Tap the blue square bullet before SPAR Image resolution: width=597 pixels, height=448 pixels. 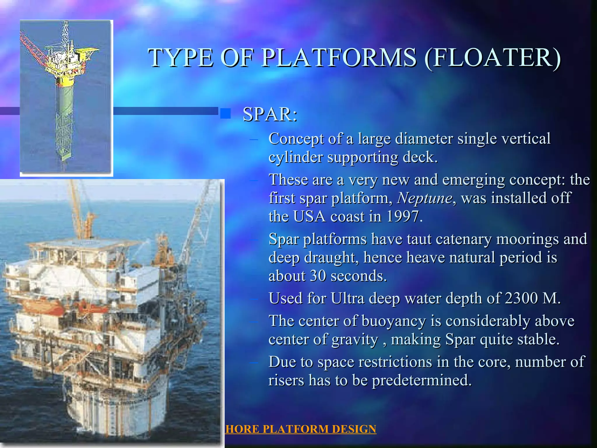click(x=225, y=113)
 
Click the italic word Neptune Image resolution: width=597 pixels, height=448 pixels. click(x=425, y=198)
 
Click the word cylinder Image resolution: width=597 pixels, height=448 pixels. click(x=295, y=157)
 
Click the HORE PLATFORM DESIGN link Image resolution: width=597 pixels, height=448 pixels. click(x=301, y=429)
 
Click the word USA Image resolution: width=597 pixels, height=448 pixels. click(x=309, y=217)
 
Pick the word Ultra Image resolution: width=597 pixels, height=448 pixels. click(x=347, y=298)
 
